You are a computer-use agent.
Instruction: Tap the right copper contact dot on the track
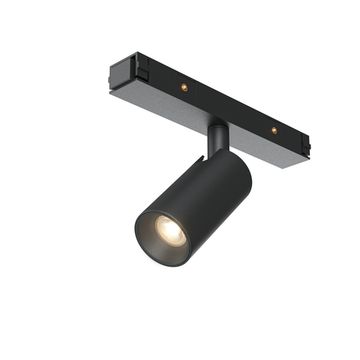[273, 130]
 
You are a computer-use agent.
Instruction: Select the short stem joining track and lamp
[217, 138]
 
